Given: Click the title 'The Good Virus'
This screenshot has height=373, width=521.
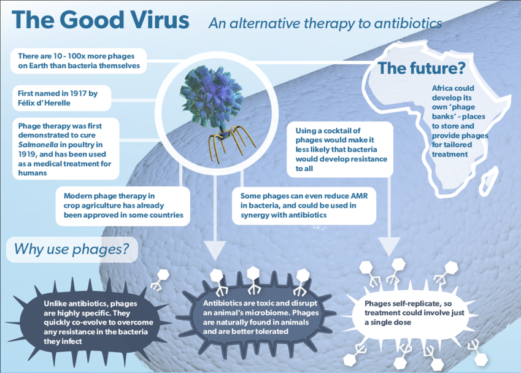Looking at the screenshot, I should tap(101, 20).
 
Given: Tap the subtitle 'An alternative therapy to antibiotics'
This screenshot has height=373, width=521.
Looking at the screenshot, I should tap(325, 23).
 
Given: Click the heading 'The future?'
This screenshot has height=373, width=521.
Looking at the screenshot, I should tap(421, 68).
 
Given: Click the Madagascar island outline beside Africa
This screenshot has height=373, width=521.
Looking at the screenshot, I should tap(488, 179).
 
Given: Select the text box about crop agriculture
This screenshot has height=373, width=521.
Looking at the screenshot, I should tap(123, 205).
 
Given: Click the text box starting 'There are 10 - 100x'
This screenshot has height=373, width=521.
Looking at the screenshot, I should tap(79, 61).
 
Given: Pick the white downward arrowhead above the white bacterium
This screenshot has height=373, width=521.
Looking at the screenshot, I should tap(390, 246).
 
